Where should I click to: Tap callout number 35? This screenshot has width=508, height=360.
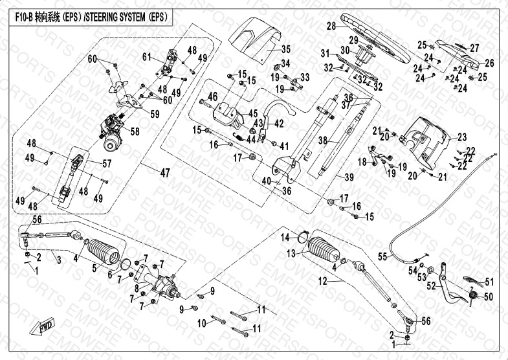point(286,49)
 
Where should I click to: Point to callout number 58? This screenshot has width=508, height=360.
point(135,131)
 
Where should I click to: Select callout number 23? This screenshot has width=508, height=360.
point(461,137)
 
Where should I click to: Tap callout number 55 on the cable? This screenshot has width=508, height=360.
point(382,257)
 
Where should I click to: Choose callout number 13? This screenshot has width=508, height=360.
point(291,252)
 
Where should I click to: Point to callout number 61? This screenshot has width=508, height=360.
point(147,57)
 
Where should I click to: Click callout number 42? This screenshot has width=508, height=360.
point(280,122)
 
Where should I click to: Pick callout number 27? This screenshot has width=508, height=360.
point(474,48)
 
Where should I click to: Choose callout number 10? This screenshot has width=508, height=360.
point(201,322)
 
